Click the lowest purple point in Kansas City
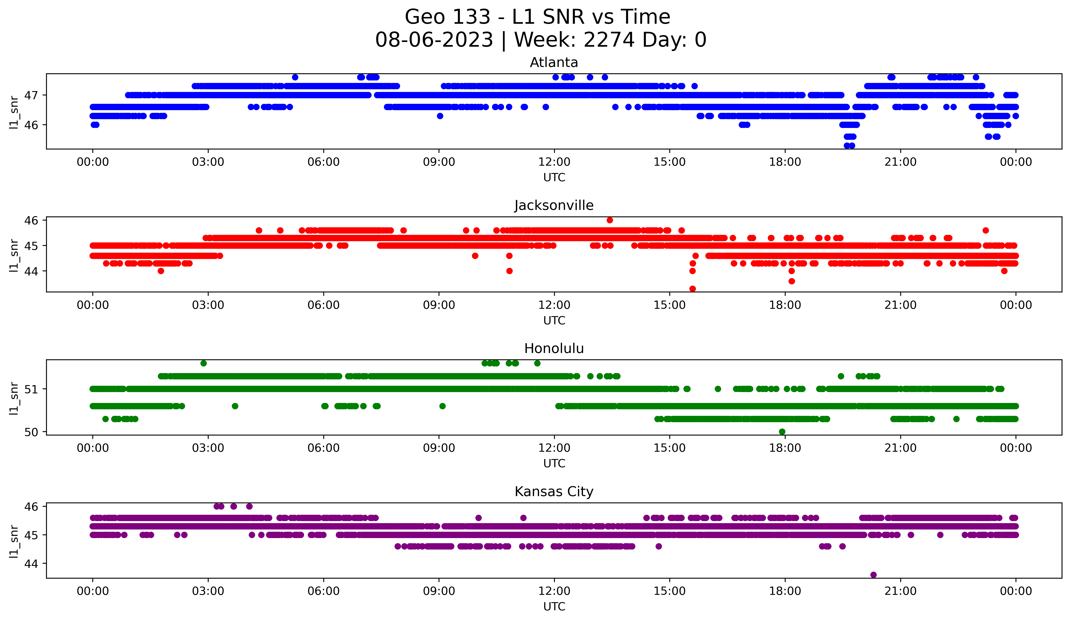click(873, 575)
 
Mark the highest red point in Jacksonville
click(610, 220)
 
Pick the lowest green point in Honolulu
click(782, 432)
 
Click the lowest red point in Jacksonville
click(692, 289)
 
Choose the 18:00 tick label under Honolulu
click(785, 448)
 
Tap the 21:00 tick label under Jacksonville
click(901, 305)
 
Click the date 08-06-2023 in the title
click(434, 40)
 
